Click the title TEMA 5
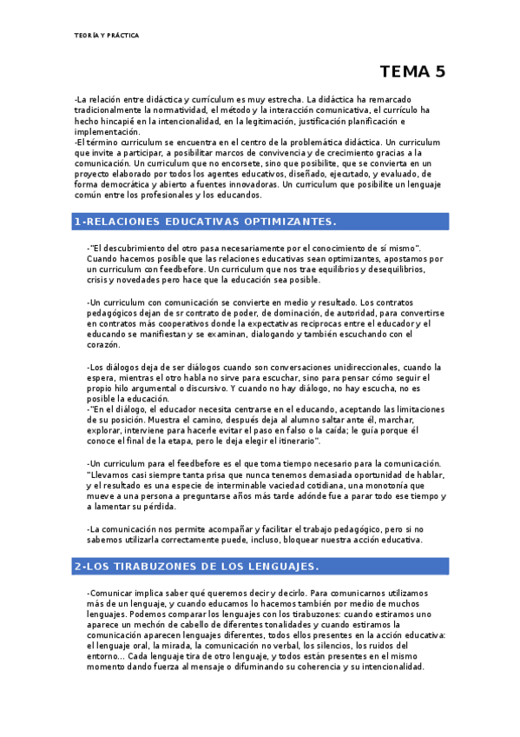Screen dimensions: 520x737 (x=412, y=72)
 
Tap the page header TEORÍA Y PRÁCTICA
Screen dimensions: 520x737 (x=106, y=36)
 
